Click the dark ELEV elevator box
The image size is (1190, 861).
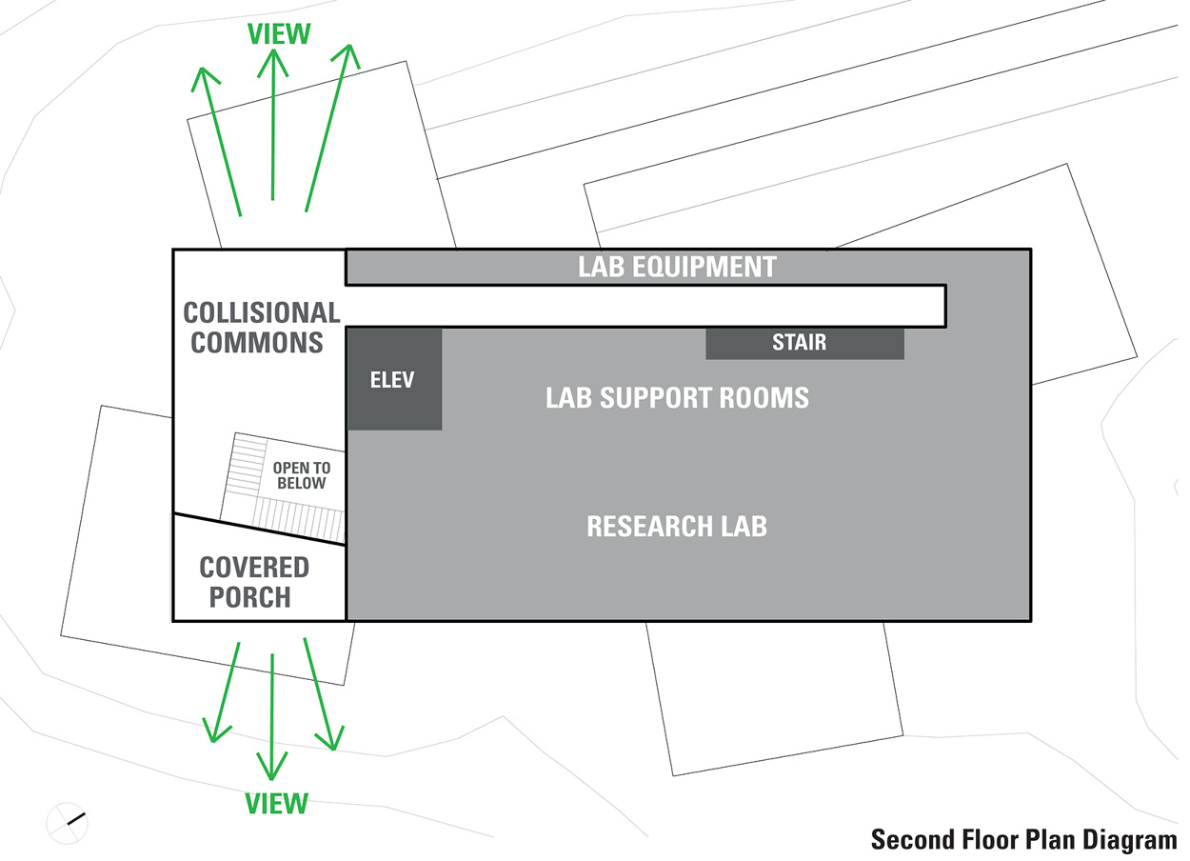coord(394,379)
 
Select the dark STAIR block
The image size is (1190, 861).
coord(804,343)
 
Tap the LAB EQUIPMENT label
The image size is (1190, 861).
coord(677,267)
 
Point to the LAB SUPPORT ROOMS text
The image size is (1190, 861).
coord(677,397)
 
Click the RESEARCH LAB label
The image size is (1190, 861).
coord(677,526)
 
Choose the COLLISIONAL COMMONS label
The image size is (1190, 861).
coord(260,327)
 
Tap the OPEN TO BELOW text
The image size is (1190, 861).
coord(301,476)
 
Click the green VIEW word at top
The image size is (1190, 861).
coord(278,34)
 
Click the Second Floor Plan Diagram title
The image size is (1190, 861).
coord(1023,839)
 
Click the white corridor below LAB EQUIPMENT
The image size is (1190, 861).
coord(647,306)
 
